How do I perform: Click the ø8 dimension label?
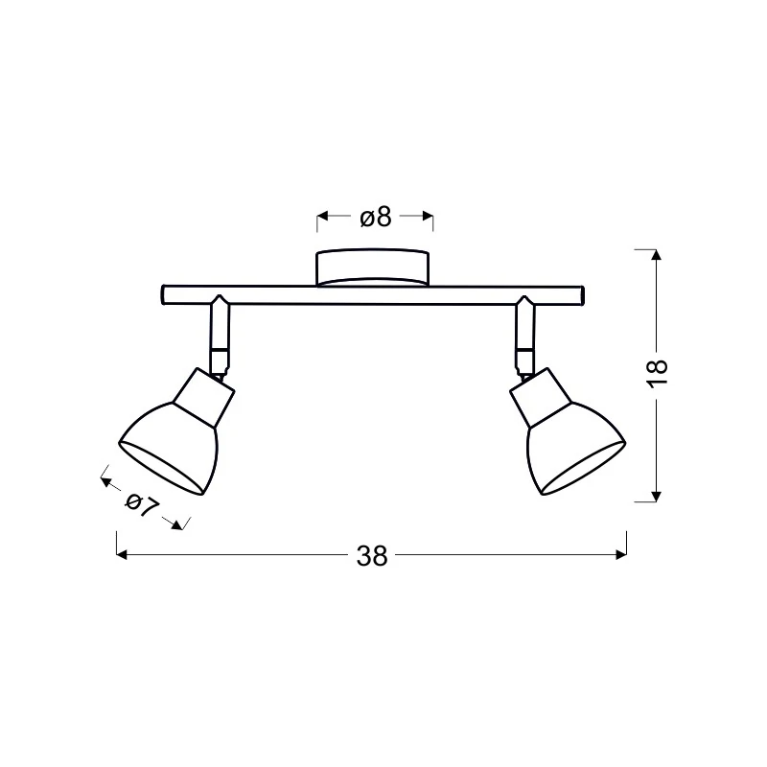pyautogui.click(x=376, y=218)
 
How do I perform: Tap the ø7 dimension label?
pyautogui.click(x=142, y=505)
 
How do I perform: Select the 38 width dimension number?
pyautogui.click(x=372, y=556)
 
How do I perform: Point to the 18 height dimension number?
pyautogui.click(x=658, y=374)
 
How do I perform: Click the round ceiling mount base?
pyautogui.click(x=373, y=268)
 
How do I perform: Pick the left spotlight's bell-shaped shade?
pyautogui.click(x=169, y=449)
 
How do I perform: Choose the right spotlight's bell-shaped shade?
pyautogui.click(x=576, y=449)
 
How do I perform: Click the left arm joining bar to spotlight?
pyautogui.click(x=220, y=337)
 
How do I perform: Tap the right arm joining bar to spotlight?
pyautogui.click(x=524, y=337)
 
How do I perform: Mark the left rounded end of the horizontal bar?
pyautogui.click(x=163, y=295)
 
